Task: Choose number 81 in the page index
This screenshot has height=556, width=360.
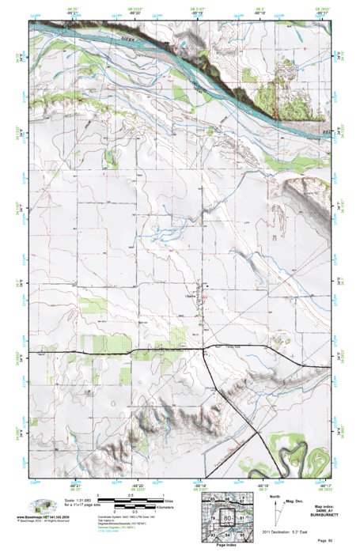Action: point(243,518)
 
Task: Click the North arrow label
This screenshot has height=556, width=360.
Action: point(273,497)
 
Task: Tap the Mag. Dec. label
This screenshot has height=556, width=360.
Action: point(294,500)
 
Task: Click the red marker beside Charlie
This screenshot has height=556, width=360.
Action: point(203,297)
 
